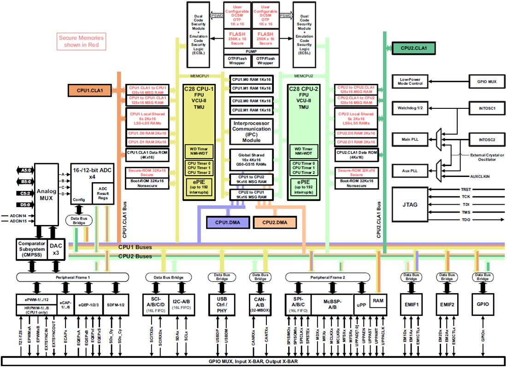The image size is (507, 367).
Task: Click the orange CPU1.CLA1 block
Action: [90, 89]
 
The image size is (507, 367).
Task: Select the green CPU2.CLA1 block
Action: [413, 47]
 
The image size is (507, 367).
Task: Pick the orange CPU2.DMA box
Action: [275, 222]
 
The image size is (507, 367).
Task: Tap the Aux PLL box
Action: [409, 171]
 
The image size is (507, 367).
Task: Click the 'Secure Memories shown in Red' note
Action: [81, 41]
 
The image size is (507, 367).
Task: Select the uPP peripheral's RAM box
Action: [378, 300]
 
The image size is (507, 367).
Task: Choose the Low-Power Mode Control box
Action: [409, 82]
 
